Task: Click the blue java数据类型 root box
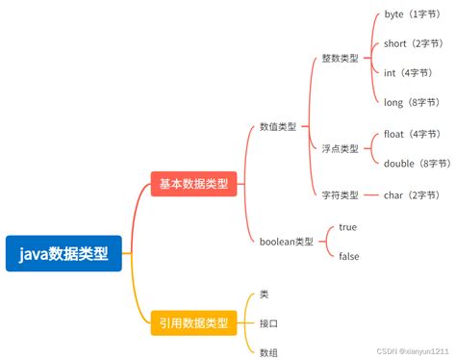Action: (x=63, y=253)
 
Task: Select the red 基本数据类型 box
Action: (x=193, y=183)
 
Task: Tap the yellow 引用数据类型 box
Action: (x=193, y=322)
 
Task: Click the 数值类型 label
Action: (x=278, y=126)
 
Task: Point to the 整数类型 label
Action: (x=340, y=59)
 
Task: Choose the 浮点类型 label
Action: (x=340, y=149)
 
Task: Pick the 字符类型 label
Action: (x=340, y=194)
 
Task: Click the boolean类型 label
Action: (x=286, y=241)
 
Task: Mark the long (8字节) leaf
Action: (x=411, y=101)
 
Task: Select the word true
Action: (x=348, y=227)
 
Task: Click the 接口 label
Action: (x=268, y=322)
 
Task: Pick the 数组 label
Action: (x=268, y=352)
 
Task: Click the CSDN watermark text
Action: (x=404, y=352)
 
